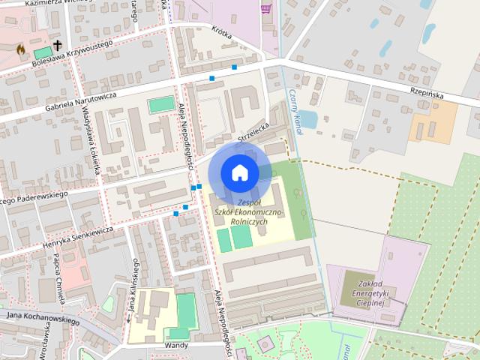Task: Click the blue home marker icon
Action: (239, 173)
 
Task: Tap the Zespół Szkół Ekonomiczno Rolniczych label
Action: (247, 212)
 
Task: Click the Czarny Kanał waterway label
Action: (295, 112)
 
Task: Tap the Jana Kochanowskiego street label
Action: (43, 317)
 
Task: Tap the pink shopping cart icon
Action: (265, 9)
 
